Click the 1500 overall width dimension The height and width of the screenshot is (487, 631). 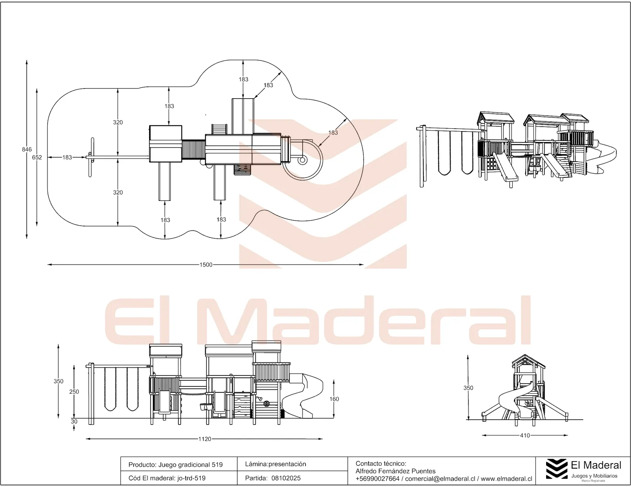206,265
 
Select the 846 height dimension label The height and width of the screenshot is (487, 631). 27,149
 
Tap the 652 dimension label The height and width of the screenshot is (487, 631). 37,157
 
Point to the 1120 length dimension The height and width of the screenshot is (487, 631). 205,439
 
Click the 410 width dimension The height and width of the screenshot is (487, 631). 525,435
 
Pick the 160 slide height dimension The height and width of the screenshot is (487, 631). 334,399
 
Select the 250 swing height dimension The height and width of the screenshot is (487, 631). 74,392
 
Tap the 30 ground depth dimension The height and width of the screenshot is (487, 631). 74,421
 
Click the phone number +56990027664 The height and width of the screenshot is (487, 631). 377,478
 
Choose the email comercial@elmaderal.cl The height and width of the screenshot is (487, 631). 440,478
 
